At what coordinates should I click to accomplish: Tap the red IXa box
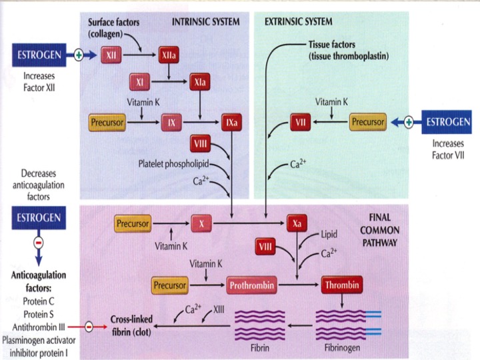coord(232,122)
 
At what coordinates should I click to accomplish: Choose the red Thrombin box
coord(342,285)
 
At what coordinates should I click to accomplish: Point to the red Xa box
coord(297,224)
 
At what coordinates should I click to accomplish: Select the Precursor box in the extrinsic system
coord(368,122)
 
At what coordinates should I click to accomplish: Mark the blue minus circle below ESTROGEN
coord(38,243)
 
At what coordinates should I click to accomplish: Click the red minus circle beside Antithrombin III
coord(89,327)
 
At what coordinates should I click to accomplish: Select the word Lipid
coord(330,235)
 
